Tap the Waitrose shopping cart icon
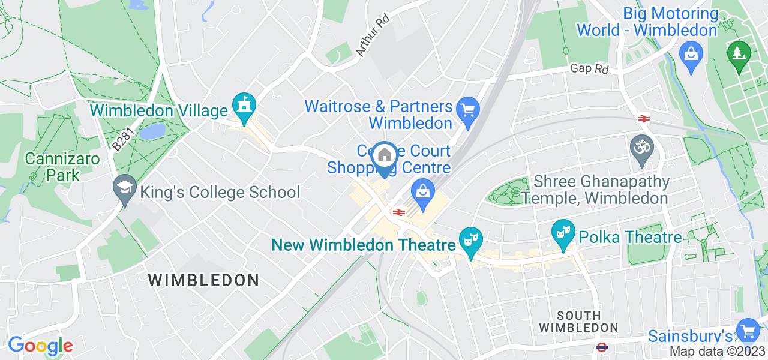point(466,110)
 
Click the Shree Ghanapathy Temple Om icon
point(640,146)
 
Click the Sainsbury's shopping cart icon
point(748,331)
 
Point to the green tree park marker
point(738,54)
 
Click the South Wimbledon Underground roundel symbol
point(601,347)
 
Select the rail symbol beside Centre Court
point(397,212)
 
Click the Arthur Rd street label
point(372,35)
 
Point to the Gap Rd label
point(589,70)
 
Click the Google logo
point(40,346)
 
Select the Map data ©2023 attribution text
point(718,352)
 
